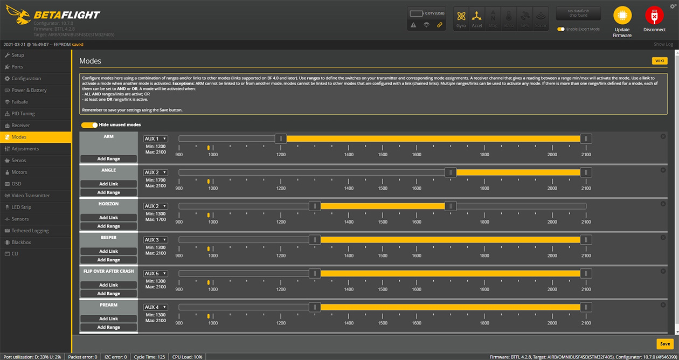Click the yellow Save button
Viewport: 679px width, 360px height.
(x=665, y=344)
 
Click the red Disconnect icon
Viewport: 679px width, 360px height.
(x=654, y=17)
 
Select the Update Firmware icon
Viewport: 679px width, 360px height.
(x=622, y=17)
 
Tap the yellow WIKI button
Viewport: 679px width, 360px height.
(x=660, y=61)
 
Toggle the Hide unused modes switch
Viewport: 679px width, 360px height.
(x=89, y=125)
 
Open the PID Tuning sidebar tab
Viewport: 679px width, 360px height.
(x=23, y=114)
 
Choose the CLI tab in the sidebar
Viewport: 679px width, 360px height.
(x=15, y=254)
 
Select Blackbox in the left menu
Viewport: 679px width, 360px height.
(x=21, y=243)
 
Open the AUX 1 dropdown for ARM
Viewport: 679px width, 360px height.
(x=155, y=139)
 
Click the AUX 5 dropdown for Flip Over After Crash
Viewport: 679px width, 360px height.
(x=155, y=274)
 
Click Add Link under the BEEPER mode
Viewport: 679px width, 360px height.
(x=108, y=251)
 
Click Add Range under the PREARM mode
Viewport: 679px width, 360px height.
(x=108, y=327)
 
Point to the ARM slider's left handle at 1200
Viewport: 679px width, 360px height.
(x=281, y=139)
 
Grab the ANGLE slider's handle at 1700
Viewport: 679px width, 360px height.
(x=451, y=172)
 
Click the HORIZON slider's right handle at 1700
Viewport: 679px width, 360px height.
(x=451, y=206)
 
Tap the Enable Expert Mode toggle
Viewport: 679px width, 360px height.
(x=561, y=29)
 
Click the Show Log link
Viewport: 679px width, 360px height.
(x=663, y=44)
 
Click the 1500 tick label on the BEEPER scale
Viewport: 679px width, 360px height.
(x=383, y=255)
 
